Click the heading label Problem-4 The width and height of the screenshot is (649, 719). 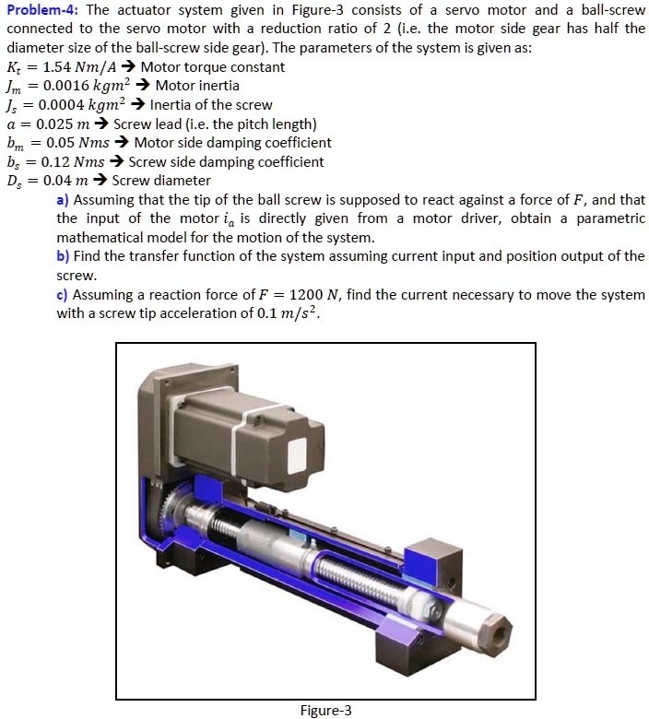click(x=42, y=10)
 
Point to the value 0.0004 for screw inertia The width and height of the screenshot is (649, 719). click(x=62, y=105)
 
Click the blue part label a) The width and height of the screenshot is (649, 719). click(x=63, y=200)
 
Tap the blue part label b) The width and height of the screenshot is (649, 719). click(x=63, y=256)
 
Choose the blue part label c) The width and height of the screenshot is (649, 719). click(x=63, y=294)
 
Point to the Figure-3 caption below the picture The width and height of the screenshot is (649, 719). click(x=326, y=710)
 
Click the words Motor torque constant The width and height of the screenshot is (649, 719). click(x=213, y=67)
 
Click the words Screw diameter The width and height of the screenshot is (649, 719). click(x=161, y=181)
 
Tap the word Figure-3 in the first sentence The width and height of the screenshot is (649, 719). click(x=290, y=10)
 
